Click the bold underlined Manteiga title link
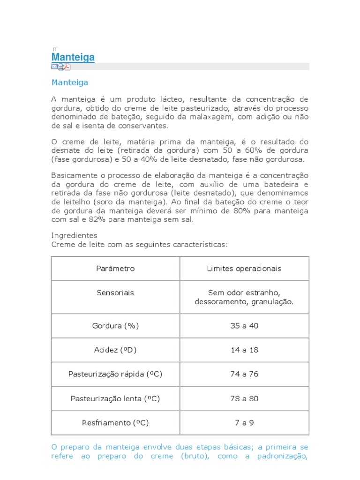coord(73,57)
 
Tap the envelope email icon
coord(54,67)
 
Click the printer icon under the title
coord(60,67)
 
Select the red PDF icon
coord(67,67)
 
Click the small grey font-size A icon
coord(54,49)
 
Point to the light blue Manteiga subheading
coord(69,82)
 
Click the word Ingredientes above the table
coord(74,235)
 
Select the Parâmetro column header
coord(115,269)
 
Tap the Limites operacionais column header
coord(244,269)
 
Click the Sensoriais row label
coord(115,292)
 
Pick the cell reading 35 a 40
coord(244,326)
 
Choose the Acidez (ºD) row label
coord(115,350)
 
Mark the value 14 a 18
coord(244,350)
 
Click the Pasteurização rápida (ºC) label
coord(115,374)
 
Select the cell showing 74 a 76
coord(244,374)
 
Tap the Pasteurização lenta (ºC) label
coord(115,398)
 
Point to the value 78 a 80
coord(244,398)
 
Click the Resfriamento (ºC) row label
coord(115,423)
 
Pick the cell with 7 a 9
coord(244,423)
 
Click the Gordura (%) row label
coord(115,326)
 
